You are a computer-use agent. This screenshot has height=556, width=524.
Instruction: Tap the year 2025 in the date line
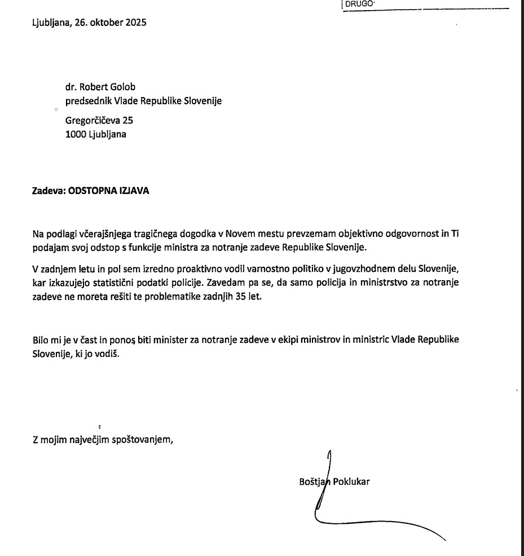pos(136,23)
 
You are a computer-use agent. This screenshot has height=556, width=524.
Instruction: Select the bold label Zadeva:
pos(49,191)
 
